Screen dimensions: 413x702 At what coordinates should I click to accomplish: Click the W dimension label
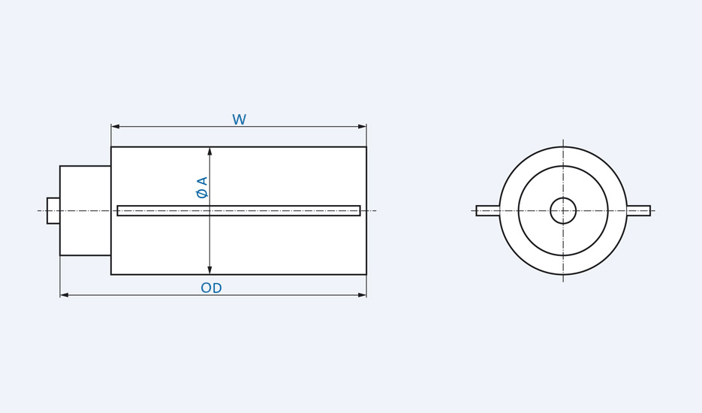coord(239,120)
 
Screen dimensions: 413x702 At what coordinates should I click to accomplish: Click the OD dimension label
coord(211,288)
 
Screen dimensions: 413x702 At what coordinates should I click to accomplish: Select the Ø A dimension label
coord(202,188)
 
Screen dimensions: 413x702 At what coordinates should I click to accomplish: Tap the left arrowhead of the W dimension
coord(116,126)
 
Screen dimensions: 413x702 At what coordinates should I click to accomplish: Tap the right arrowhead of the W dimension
coord(362,126)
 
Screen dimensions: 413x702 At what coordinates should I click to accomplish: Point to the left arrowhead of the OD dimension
coord(65,295)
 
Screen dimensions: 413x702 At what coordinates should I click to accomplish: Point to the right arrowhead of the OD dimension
coord(362,295)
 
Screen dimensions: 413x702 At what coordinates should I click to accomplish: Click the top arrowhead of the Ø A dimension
coord(209,151)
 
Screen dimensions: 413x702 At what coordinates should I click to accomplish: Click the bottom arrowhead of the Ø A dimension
coord(209,270)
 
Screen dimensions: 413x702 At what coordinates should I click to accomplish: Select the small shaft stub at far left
coord(53,211)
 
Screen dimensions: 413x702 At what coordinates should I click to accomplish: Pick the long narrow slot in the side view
coord(239,211)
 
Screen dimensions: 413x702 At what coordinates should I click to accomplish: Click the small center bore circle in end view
coord(563,211)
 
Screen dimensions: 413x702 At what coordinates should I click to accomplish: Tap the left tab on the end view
coord(487,211)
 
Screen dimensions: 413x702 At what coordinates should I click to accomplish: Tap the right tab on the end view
coord(639,211)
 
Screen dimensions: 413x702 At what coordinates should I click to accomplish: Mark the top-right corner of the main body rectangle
coord(366,147)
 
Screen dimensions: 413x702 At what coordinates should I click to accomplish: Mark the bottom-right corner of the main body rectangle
coord(366,274)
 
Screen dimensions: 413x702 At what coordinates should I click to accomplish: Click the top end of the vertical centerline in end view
coord(563,140)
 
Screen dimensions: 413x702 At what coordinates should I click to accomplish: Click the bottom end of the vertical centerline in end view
coord(563,282)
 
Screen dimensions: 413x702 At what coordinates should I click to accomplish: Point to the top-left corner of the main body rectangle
coord(111,147)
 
